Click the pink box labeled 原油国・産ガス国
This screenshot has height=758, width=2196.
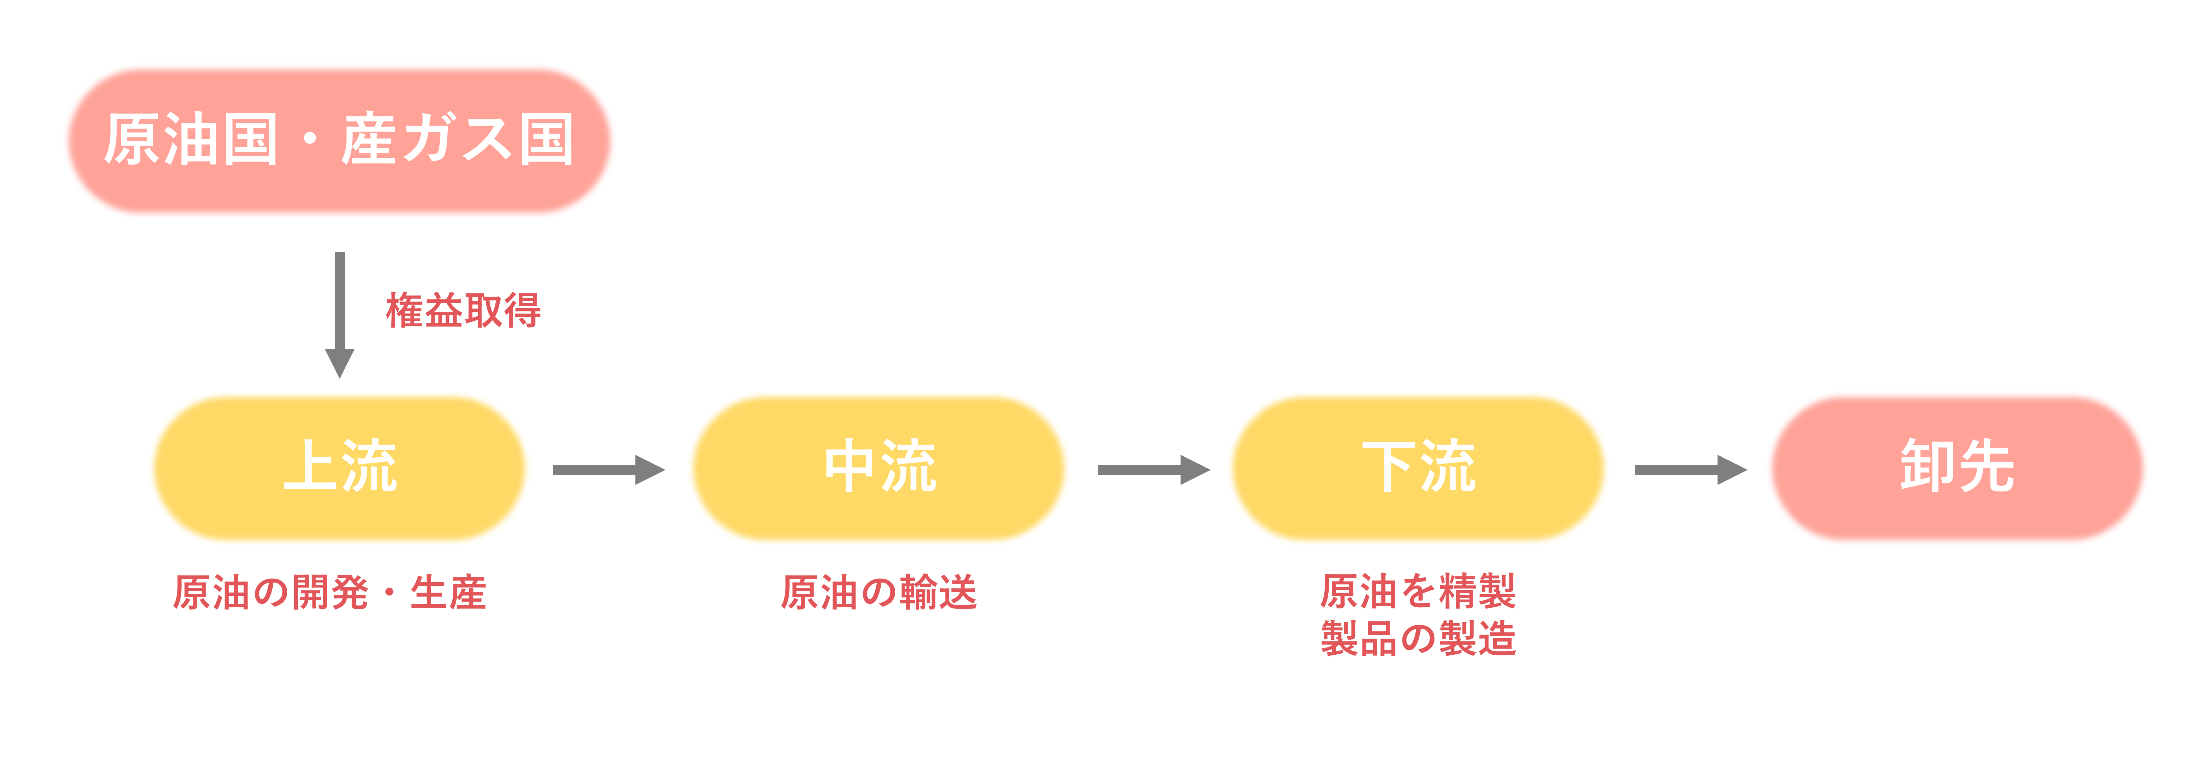point(339,141)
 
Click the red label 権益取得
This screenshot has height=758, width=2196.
point(463,310)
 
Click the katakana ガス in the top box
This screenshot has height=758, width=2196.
point(458,139)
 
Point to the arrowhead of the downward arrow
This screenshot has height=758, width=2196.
point(339,362)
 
